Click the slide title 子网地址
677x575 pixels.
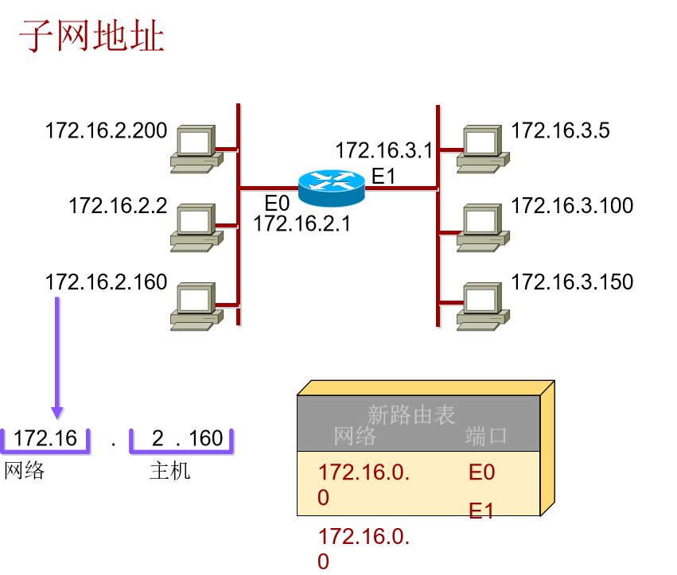coord(91,37)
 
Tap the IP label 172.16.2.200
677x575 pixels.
coord(107,130)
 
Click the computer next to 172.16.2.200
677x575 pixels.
coord(195,149)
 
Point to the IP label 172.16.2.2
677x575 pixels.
coord(118,206)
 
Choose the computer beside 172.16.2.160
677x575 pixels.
coord(195,306)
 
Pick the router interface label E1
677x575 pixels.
coord(383,176)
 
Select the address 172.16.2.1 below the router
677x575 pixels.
coord(302,224)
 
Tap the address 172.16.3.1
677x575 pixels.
coord(383,150)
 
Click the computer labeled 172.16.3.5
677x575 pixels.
coord(481,149)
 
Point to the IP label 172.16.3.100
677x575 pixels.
coord(572,206)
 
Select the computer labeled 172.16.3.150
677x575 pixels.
coord(481,306)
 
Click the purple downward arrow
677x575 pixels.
coord(57,358)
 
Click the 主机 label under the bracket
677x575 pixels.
coord(170,471)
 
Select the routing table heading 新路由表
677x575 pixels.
coord(411,414)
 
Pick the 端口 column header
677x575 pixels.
coord(486,436)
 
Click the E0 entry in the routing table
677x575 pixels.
coord(482,473)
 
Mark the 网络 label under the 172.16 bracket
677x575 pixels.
coord(25,471)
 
